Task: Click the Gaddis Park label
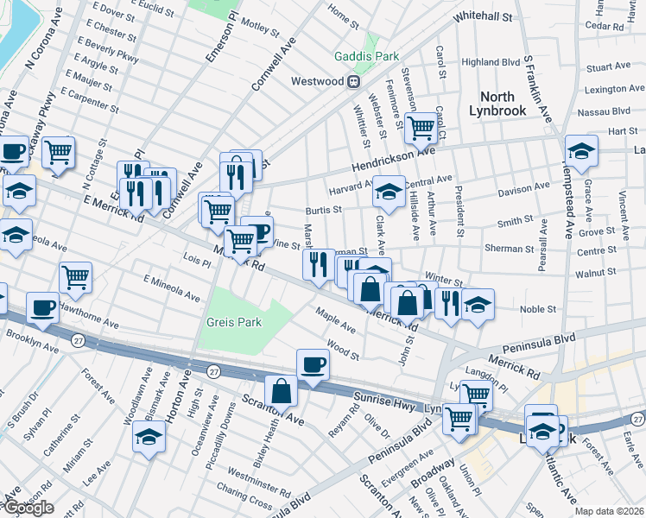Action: [367, 56]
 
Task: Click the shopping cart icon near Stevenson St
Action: [421, 129]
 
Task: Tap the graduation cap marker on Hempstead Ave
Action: [581, 150]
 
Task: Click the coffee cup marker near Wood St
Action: [313, 364]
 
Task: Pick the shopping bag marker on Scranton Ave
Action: [281, 391]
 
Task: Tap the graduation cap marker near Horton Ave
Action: [149, 437]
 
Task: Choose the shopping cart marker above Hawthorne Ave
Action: [76, 278]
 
